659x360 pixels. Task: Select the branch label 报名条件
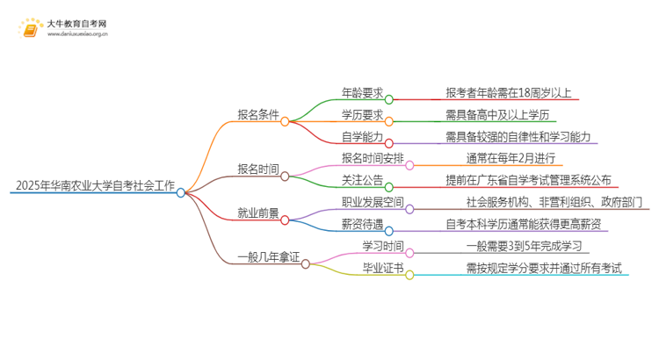click(x=258, y=114)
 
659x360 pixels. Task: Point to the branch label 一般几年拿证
click(x=269, y=257)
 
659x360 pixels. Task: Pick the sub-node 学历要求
click(x=362, y=114)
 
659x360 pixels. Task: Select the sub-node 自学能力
click(x=362, y=136)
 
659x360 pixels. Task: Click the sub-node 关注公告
click(x=362, y=180)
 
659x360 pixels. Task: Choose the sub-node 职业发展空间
click(x=373, y=202)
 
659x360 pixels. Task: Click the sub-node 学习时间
click(x=383, y=246)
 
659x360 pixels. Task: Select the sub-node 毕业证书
click(x=383, y=268)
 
